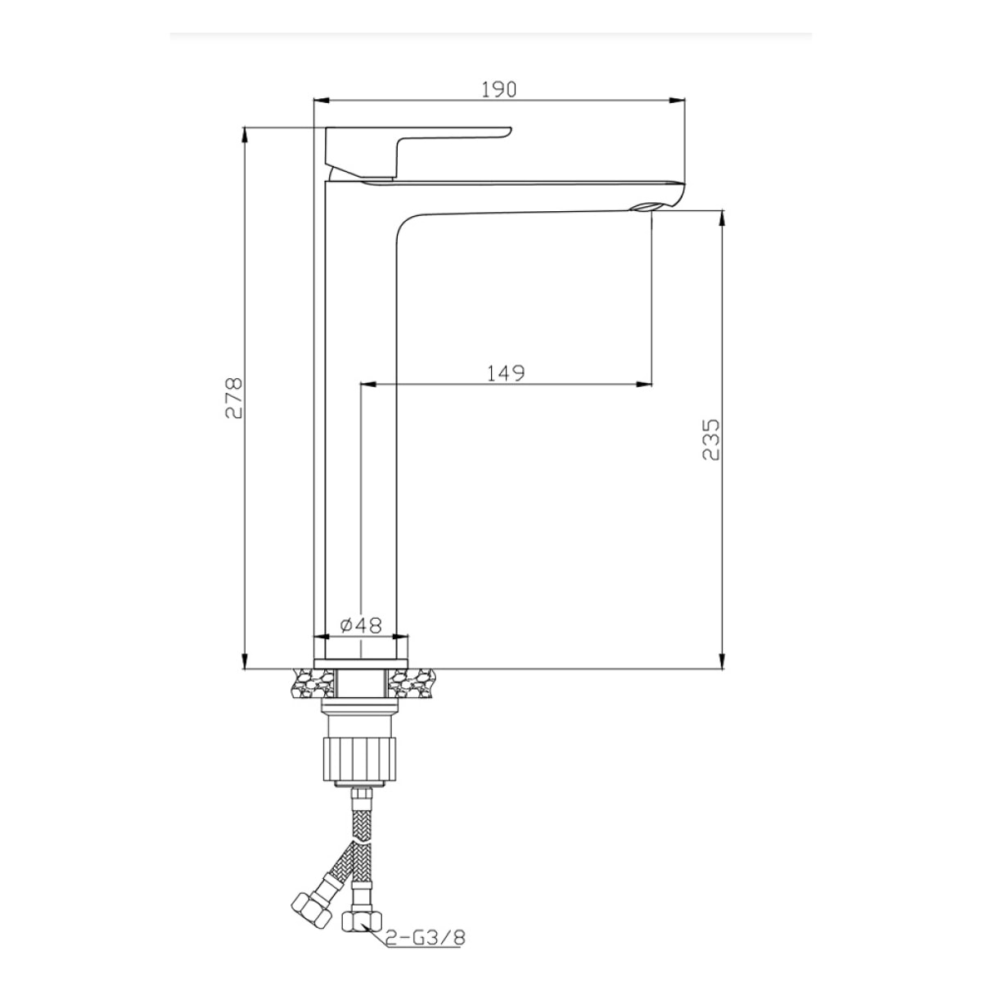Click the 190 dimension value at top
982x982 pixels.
pos(499,89)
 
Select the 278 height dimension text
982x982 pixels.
pos(233,398)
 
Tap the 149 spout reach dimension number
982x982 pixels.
pos(505,372)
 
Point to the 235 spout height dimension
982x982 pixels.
pos(710,439)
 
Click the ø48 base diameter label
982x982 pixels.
pos(360,625)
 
